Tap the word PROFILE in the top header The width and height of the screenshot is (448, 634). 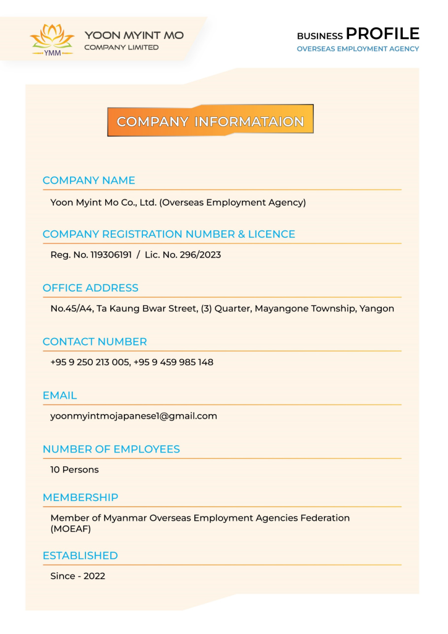[x=382, y=33]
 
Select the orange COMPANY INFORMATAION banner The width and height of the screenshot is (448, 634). [x=210, y=121]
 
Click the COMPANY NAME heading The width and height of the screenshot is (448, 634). [x=88, y=180]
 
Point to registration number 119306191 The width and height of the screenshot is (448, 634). [x=111, y=254]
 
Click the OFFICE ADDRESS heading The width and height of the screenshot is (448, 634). [x=90, y=288]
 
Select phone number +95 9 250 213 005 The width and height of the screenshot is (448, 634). [x=90, y=362]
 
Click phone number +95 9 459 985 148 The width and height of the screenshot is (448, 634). [x=173, y=362]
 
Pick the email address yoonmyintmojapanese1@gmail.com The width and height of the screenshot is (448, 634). [x=134, y=416]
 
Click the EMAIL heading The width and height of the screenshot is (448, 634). [x=59, y=395]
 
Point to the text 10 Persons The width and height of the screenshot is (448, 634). [x=74, y=469]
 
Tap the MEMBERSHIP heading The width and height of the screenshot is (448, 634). [x=80, y=497]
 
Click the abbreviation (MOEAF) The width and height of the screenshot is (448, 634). [x=71, y=529]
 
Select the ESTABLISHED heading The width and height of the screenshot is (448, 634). [x=80, y=555]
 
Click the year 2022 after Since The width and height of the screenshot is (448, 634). [x=94, y=576]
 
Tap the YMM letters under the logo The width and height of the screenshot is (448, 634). [x=52, y=53]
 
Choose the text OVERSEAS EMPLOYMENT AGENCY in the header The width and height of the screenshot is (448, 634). [x=358, y=49]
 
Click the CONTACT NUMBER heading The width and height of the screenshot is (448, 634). [x=95, y=342]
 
